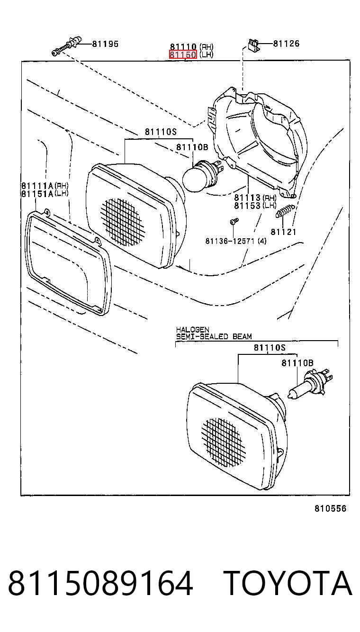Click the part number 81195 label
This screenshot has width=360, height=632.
pyautogui.click(x=105, y=44)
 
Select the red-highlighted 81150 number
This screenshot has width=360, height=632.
pyautogui.click(x=183, y=54)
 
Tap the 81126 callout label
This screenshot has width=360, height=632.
pyautogui.click(x=286, y=44)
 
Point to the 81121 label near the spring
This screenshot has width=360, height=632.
pyautogui.click(x=284, y=232)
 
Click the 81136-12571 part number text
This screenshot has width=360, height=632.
pyautogui.click(x=230, y=241)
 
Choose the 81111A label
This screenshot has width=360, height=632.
pyautogui.click(x=37, y=186)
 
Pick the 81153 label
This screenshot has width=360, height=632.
pyautogui.click(x=247, y=206)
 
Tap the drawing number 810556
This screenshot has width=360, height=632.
pyautogui.click(x=330, y=508)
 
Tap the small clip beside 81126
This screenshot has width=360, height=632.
pyautogui.click(x=253, y=45)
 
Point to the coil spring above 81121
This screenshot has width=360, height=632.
pyautogui.click(x=285, y=211)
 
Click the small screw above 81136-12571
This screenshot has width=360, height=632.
pyautogui.click(x=234, y=221)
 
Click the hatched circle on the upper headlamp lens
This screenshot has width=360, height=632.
pyautogui.click(x=122, y=221)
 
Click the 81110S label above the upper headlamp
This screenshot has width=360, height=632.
pyautogui.click(x=161, y=132)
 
